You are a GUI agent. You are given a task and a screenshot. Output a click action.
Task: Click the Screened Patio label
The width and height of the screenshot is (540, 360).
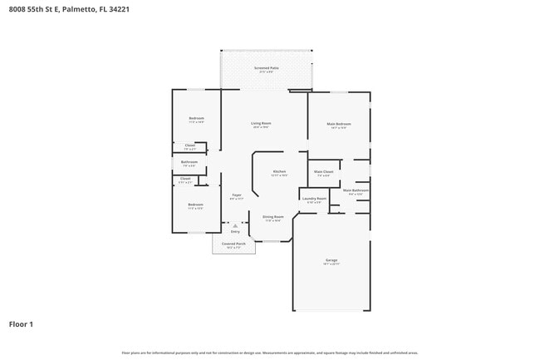(266, 67)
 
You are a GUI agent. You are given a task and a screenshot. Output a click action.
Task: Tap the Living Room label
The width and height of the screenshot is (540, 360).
(261, 123)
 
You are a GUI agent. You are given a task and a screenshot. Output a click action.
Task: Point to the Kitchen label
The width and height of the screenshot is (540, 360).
(280, 171)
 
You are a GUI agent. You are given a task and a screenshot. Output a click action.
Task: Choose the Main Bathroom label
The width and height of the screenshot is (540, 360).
(356, 190)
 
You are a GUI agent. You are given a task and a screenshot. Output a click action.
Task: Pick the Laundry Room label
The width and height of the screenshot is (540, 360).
(314, 199)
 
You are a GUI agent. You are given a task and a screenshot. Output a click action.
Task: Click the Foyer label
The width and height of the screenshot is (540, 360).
(236, 195)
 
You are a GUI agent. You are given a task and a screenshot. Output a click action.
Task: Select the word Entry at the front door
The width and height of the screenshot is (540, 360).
(235, 231)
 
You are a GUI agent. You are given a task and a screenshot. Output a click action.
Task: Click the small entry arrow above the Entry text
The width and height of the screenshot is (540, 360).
(235, 224)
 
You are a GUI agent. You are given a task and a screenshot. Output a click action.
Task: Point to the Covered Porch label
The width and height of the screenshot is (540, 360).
(233, 244)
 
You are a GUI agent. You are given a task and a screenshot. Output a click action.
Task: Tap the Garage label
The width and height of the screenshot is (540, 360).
(331, 260)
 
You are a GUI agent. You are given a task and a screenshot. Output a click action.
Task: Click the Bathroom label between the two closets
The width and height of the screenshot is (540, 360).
(189, 161)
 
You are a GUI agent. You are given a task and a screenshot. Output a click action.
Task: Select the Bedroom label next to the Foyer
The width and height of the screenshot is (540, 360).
(195, 205)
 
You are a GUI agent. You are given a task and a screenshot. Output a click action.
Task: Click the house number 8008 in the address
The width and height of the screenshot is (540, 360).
(15, 9)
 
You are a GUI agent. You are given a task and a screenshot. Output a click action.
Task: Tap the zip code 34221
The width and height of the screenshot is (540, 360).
(118, 9)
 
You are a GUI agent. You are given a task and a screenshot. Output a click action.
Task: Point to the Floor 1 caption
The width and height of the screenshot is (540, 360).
(21, 323)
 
